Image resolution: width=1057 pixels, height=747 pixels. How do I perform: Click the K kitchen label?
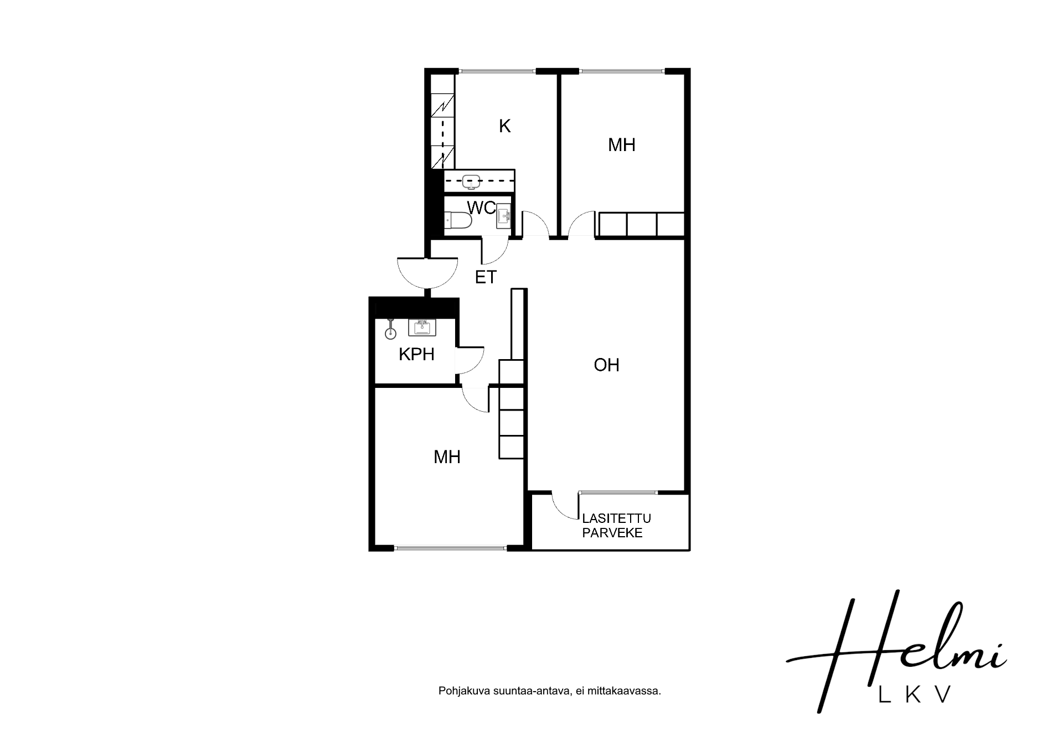coord(504,126)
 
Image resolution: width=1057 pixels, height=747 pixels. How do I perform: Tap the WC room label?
coord(481,208)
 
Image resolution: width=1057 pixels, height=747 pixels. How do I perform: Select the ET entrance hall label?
coord(486,277)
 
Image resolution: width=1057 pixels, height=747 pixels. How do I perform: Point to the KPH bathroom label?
coord(416,354)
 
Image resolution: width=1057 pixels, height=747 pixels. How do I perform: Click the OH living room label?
coord(606,365)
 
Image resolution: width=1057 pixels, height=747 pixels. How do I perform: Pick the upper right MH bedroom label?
coord(621,145)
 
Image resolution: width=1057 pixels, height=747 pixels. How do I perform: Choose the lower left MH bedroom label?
coord(447,456)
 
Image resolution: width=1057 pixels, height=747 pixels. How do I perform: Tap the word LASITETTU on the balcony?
coord(616,518)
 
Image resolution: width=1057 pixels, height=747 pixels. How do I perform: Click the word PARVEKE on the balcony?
coord(612,533)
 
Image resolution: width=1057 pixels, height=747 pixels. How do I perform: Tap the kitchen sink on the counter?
coord(471,181)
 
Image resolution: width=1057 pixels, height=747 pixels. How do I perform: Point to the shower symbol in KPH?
coord(391,330)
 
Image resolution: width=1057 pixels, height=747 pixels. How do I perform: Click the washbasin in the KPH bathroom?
coord(422,328)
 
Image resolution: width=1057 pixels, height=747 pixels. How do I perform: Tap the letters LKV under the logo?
coord(915,694)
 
